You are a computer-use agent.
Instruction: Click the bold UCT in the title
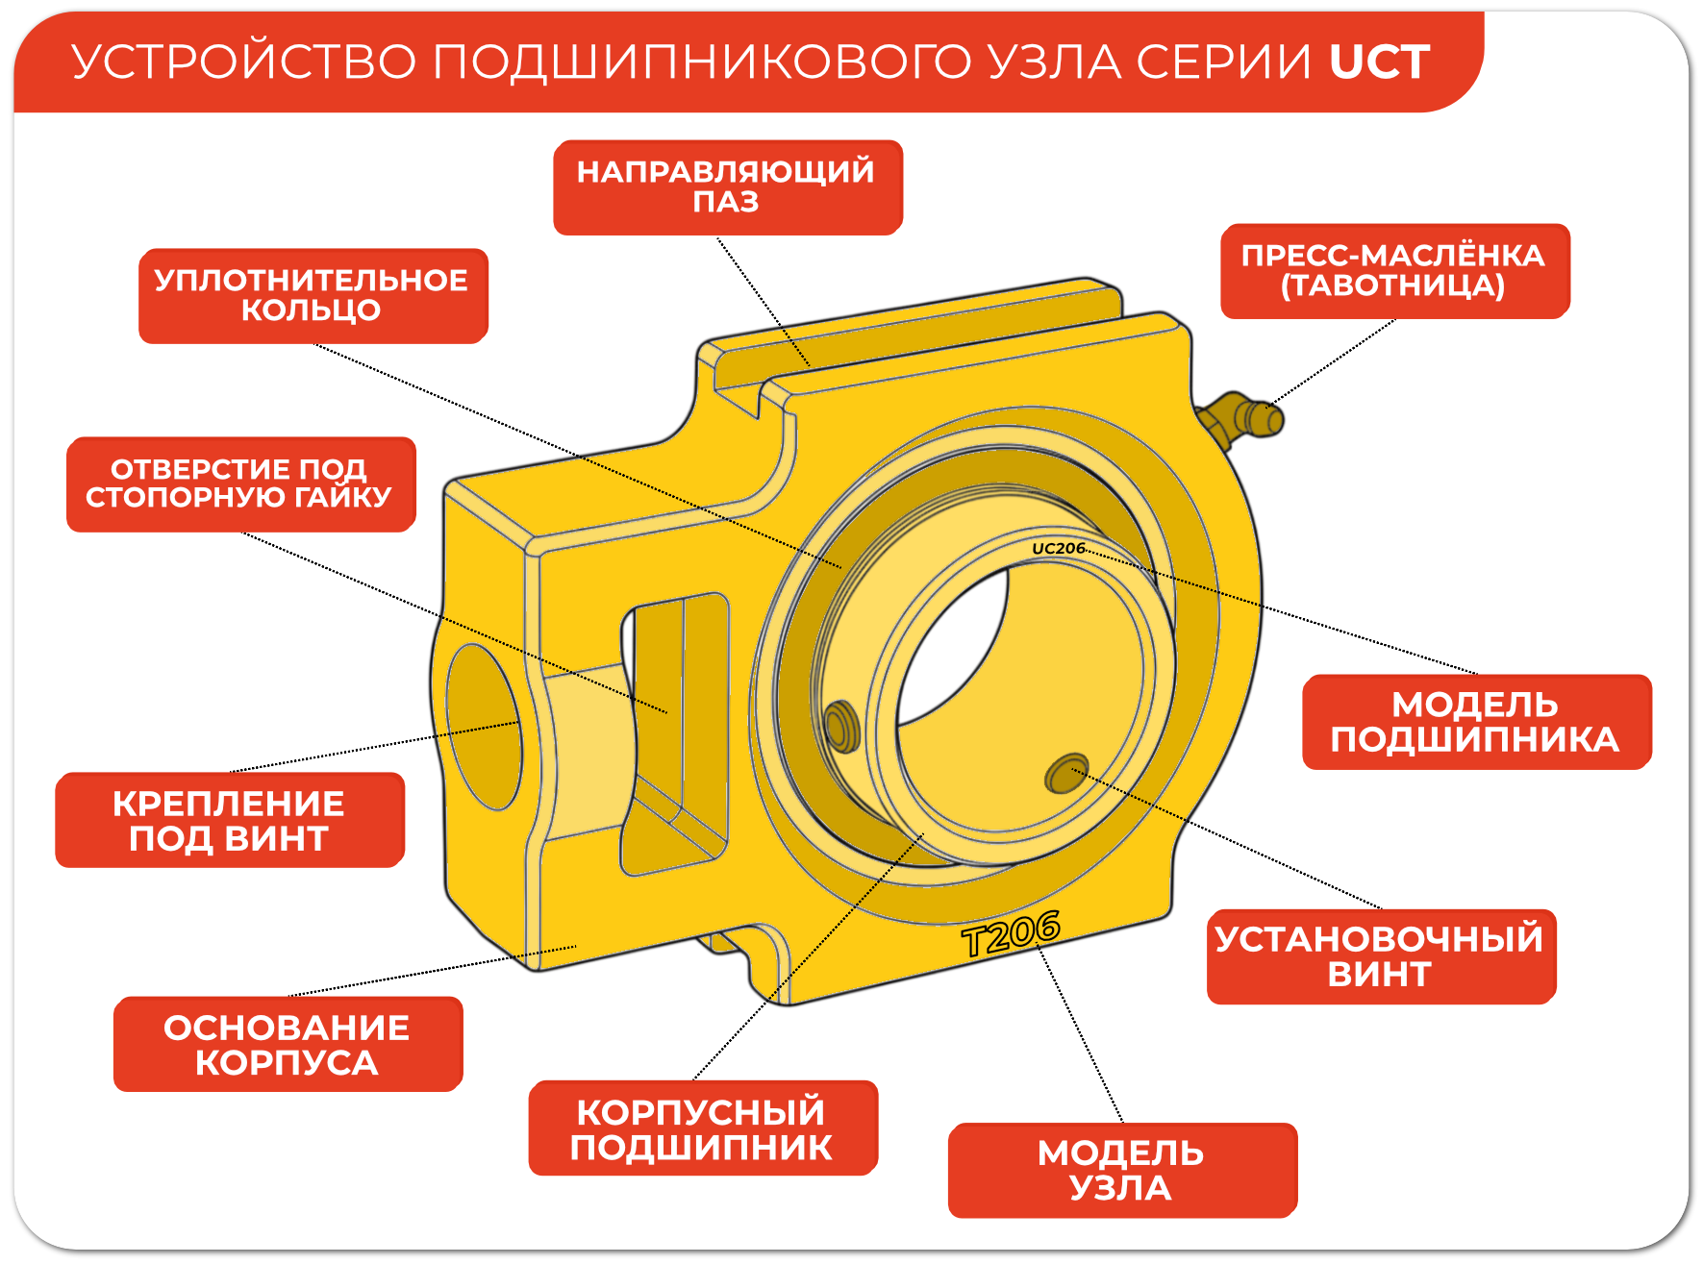(1379, 62)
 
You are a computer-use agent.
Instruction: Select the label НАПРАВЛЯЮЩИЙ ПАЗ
(727, 187)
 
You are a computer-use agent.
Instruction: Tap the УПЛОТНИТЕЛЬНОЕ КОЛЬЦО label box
(313, 296)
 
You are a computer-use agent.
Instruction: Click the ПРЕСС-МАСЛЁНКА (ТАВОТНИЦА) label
(1393, 271)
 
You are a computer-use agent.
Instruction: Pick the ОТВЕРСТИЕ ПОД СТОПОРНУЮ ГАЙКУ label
(240, 483)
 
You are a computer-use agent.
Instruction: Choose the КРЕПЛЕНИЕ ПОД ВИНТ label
(229, 820)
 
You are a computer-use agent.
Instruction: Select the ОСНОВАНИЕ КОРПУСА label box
(288, 1044)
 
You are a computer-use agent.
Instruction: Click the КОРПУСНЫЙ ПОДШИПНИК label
(702, 1128)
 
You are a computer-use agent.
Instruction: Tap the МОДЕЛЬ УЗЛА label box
(1121, 1170)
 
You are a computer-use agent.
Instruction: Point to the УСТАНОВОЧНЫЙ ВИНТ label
(1380, 956)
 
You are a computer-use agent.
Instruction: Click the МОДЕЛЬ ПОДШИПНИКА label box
(1475, 722)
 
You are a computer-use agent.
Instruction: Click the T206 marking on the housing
(1011, 933)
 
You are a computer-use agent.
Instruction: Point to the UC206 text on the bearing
(1058, 549)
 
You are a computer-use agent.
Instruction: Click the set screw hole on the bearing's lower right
(1065, 773)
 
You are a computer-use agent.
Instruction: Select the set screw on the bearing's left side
(840, 726)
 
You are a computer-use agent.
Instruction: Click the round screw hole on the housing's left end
(483, 726)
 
